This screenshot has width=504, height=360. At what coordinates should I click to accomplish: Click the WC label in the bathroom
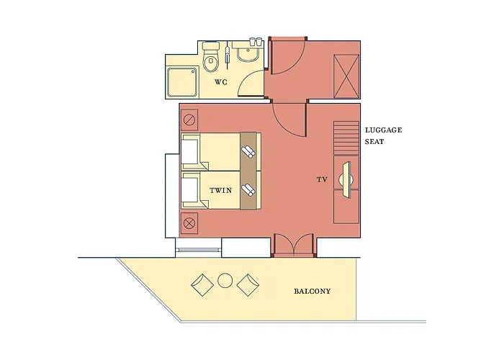click(x=221, y=82)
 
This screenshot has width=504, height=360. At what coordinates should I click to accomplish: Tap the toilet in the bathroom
click(x=211, y=57)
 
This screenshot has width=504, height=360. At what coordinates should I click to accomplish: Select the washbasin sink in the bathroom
click(x=247, y=53)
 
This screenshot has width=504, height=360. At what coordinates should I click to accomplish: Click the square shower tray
click(x=182, y=82)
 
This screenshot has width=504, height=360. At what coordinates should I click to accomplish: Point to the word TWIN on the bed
click(x=221, y=190)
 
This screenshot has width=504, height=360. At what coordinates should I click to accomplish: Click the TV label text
click(x=322, y=180)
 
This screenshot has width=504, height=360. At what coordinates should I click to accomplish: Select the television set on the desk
click(x=346, y=179)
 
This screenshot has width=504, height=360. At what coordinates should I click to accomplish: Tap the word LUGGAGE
click(x=384, y=130)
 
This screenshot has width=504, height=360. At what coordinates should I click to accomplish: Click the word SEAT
click(x=374, y=142)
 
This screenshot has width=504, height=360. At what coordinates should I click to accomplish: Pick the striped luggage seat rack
click(x=346, y=138)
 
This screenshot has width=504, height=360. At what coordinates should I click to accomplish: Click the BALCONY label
click(x=312, y=292)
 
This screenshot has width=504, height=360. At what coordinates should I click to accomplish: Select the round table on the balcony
click(x=225, y=280)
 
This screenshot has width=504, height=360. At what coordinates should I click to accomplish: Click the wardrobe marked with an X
click(x=346, y=76)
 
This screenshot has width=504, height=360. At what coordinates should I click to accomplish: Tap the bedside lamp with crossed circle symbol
click(x=189, y=222)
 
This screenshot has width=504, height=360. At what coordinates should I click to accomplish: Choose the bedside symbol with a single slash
click(x=189, y=120)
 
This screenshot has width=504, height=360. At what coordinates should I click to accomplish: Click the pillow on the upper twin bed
click(x=189, y=151)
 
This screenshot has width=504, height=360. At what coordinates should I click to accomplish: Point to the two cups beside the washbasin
click(x=256, y=41)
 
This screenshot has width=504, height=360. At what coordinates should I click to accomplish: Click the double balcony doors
click(x=294, y=245)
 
